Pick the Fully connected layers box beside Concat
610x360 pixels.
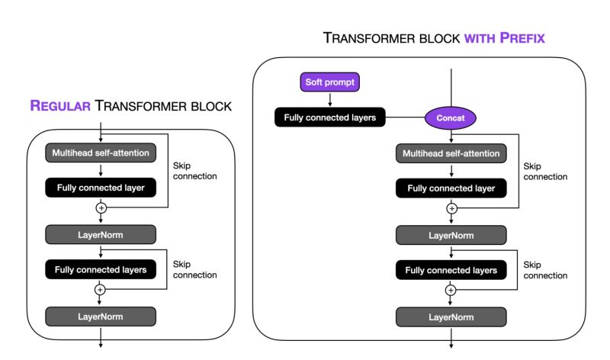pyautogui.click(x=330, y=117)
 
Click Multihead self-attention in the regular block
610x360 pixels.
pyautogui.click(x=101, y=153)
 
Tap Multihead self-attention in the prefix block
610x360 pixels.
pyautogui.click(x=451, y=153)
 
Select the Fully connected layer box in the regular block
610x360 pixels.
pyautogui.click(x=101, y=187)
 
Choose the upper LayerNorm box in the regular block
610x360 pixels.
pyautogui.click(x=101, y=234)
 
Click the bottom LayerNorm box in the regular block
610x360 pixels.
pyautogui.click(x=101, y=315)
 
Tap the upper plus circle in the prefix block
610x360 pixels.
pyautogui.click(x=451, y=207)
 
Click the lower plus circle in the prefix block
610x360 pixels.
pyautogui.click(x=451, y=290)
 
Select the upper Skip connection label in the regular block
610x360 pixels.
pyautogui.click(x=194, y=170)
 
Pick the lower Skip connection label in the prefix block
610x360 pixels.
pyautogui.click(x=545, y=270)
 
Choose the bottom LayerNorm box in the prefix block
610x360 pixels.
pyautogui.click(x=451, y=317)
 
